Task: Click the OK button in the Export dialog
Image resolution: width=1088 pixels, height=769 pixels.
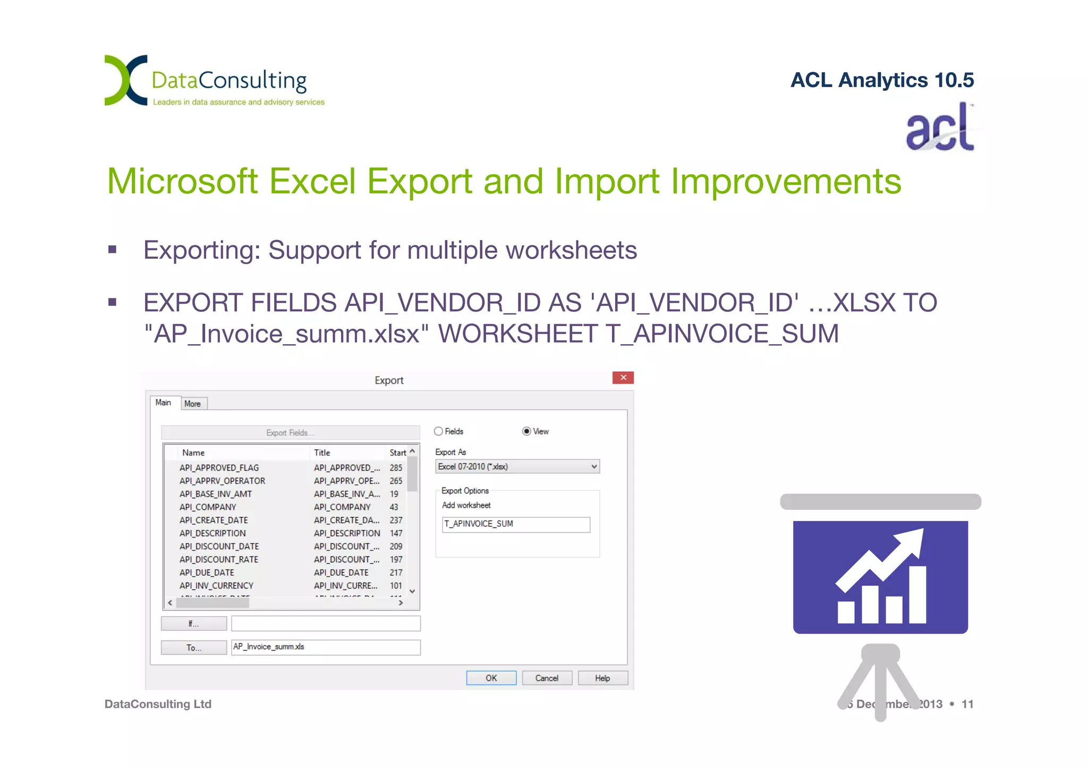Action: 491,678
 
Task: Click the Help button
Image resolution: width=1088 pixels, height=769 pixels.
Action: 602,678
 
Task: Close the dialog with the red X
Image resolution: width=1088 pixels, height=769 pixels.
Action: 623,378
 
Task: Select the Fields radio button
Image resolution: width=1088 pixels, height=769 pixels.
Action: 439,431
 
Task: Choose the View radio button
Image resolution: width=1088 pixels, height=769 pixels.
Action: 526,431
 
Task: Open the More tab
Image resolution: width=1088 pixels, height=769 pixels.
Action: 193,404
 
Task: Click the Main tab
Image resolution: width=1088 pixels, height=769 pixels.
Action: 164,403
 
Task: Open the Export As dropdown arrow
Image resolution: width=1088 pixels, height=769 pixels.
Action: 594,467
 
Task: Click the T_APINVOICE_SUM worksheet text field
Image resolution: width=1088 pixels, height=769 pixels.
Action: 515,524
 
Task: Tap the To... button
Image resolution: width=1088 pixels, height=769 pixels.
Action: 194,647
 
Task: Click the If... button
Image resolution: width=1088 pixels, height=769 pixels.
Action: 194,623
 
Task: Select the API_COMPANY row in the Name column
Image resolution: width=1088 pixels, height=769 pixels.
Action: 208,507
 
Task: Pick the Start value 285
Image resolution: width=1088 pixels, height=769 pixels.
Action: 396,468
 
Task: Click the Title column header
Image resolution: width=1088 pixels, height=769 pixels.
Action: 322,452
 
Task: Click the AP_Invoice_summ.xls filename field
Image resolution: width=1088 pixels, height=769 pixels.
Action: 325,647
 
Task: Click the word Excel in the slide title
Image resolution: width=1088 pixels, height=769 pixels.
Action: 312,182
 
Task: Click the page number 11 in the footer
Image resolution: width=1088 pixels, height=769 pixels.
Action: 967,704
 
